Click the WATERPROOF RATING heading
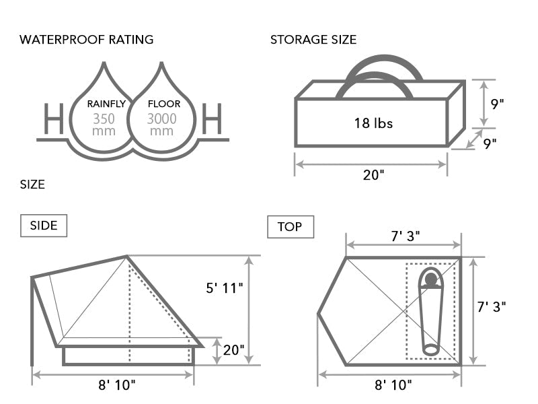[x=87, y=39]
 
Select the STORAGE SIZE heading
[x=313, y=39]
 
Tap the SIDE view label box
[x=44, y=226]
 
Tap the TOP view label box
[x=290, y=227]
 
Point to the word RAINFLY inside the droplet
[x=106, y=104]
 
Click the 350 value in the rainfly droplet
[x=105, y=119]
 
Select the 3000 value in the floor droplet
[x=162, y=119]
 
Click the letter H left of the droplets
[x=54, y=120]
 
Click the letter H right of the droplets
[x=212, y=120]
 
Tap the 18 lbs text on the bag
[x=373, y=123]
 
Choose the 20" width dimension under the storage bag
[x=373, y=175]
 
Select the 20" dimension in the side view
[x=233, y=351]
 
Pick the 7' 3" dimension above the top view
[x=403, y=237]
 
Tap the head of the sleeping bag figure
[x=430, y=279]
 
